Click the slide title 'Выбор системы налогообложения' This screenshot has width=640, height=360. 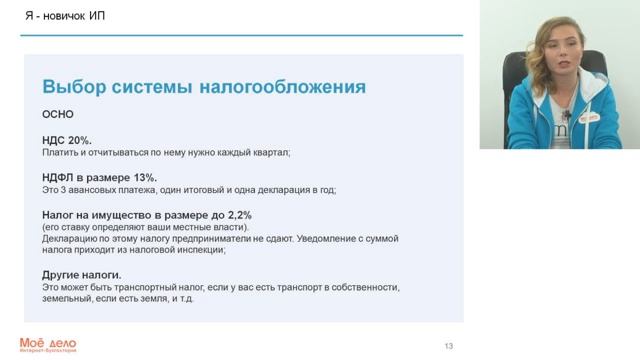(x=203, y=87)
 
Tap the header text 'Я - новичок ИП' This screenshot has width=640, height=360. (x=60, y=16)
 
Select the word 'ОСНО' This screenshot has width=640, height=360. (x=57, y=114)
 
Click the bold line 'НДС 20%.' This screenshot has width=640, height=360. (x=66, y=141)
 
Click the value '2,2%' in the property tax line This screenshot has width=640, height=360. (x=237, y=215)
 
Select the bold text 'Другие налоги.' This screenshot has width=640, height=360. (x=82, y=274)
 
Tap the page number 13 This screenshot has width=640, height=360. (x=449, y=346)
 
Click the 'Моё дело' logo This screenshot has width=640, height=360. (x=47, y=344)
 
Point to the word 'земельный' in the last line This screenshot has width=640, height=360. (x=65, y=299)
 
